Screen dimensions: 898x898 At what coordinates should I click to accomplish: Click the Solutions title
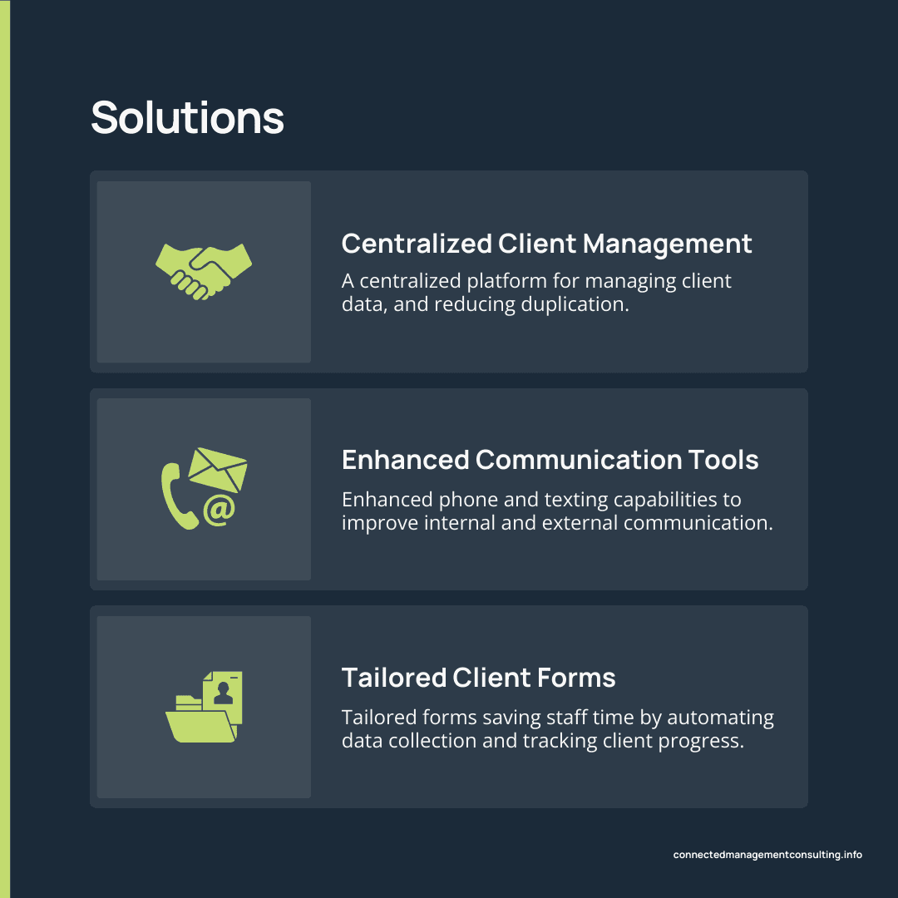(x=187, y=117)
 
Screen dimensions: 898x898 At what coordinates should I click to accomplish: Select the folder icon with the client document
(x=204, y=708)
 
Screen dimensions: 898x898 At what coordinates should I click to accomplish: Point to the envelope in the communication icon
(x=218, y=469)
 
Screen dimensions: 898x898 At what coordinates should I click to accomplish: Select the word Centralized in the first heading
(x=417, y=244)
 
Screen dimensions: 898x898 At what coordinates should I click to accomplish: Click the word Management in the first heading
(x=667, y=244)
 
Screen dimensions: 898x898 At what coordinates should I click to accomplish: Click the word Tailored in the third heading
(x=394, y=678)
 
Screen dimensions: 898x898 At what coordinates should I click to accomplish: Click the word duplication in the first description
(x=575, y=304)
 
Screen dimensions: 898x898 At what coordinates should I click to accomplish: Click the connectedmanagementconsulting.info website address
(x=767, y=855)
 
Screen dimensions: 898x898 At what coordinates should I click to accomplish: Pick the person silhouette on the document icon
(x=223, y=692)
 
